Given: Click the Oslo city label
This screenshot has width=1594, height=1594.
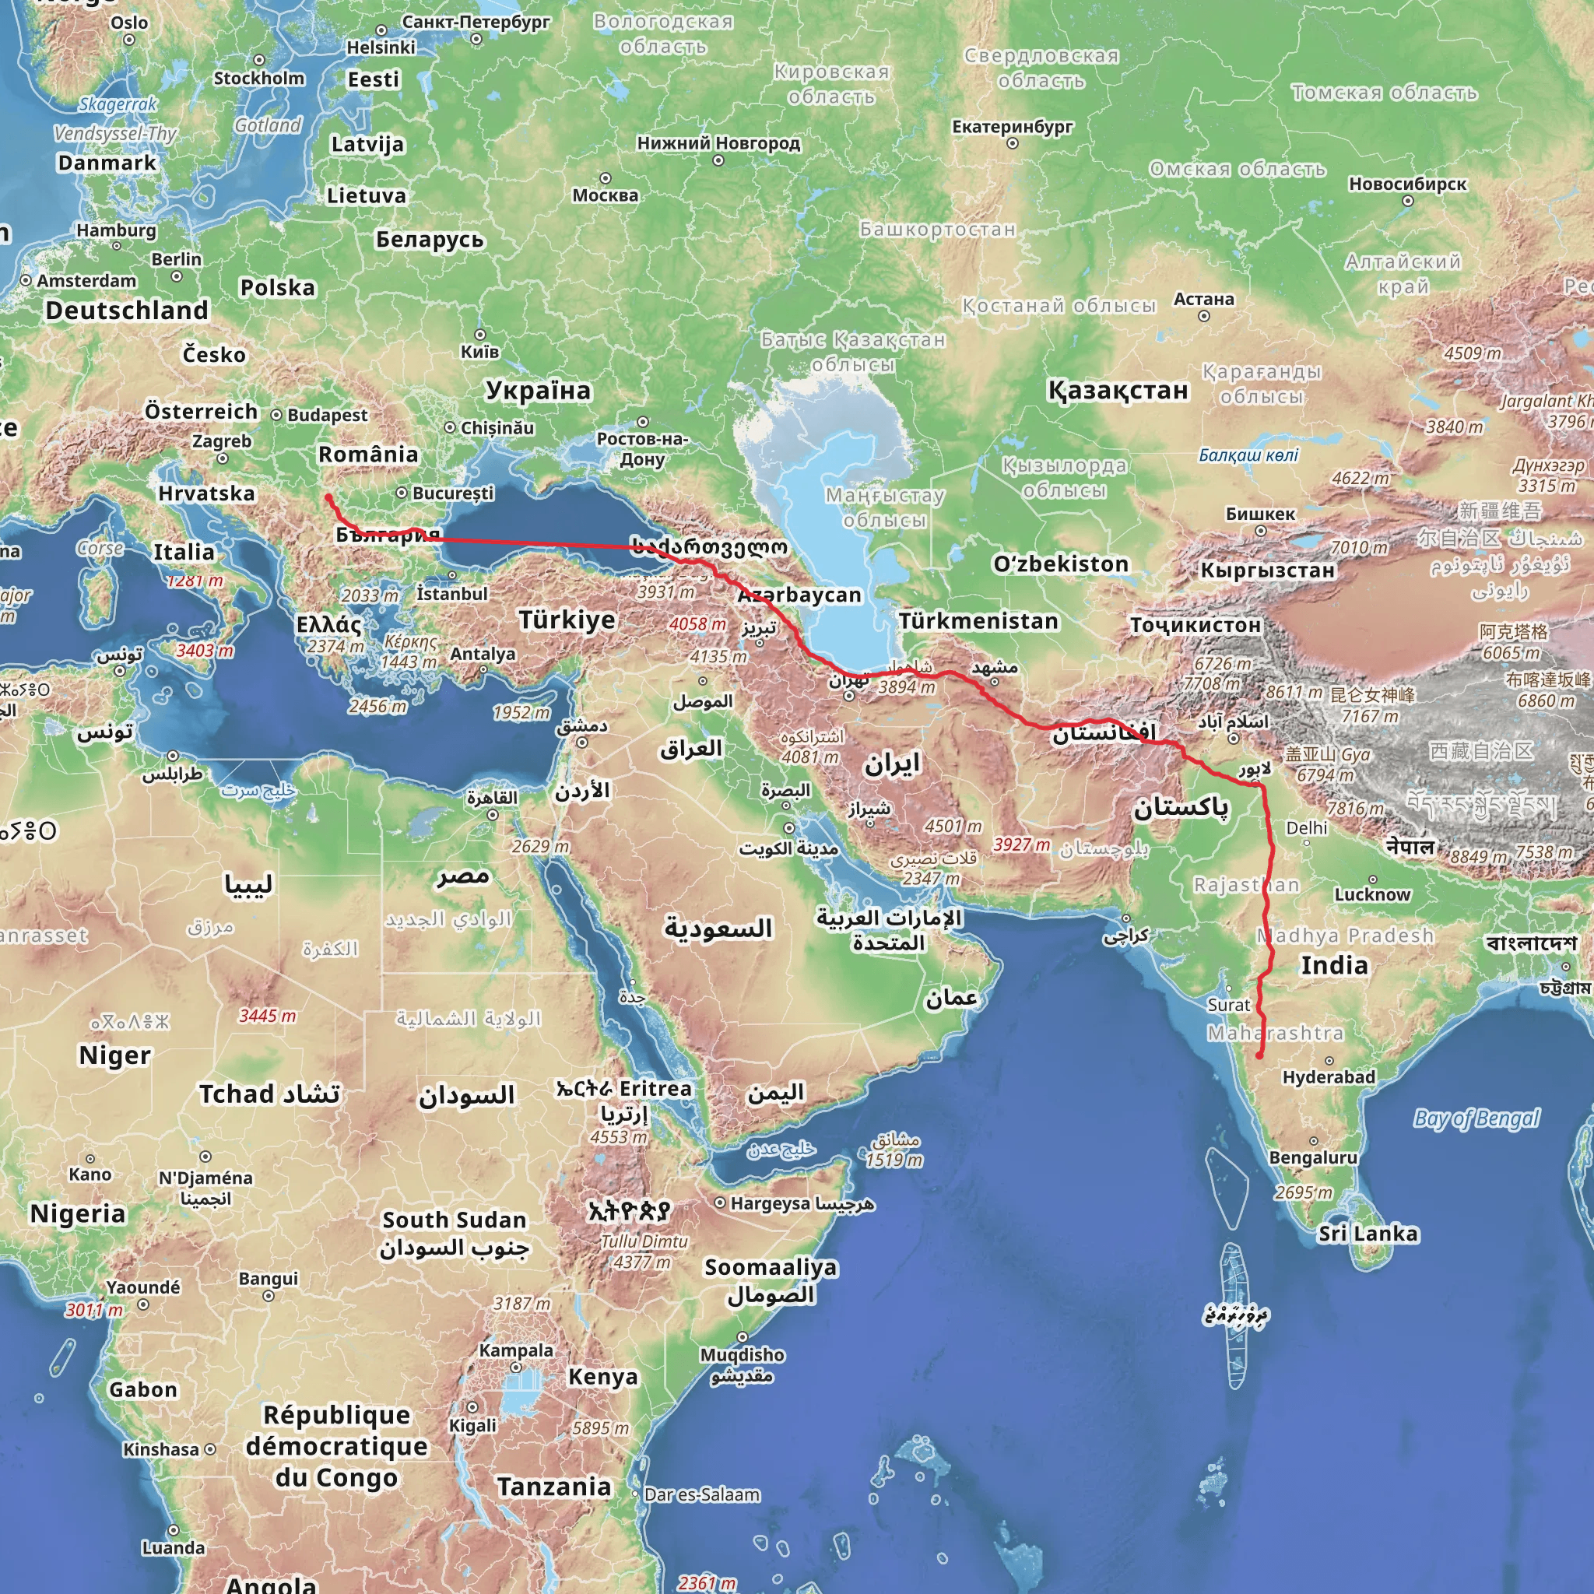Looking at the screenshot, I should coord(129,23).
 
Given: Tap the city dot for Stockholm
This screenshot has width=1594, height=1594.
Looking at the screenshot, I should coord(259,60).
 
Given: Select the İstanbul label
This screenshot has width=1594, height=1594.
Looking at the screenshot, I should coord(452,593).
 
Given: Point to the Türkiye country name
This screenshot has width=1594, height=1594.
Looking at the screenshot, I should coord(567,620).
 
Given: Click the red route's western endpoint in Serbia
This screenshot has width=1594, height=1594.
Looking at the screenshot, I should coord(328,497).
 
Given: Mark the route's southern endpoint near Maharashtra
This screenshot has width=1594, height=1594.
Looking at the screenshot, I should coord(1259,1055).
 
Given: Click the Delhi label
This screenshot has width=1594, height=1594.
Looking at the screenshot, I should coord(1307,827).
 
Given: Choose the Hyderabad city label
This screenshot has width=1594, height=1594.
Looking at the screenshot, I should coord(1329,1076).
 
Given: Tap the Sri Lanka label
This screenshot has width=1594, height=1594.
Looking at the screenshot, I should coord(1368,1234).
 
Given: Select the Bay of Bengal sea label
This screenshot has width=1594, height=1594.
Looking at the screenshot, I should coord(1476,1118).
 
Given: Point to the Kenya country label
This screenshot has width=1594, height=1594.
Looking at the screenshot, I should coord(603,1377).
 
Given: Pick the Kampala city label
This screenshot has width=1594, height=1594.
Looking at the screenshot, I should coord(517,1350).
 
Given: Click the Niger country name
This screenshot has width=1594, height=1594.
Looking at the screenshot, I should coord(114,1055).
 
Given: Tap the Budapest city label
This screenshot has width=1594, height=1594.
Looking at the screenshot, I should coord(328,415).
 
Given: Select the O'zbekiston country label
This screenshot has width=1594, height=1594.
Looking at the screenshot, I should coord(1061,564).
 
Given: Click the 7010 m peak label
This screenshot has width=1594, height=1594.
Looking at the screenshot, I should coord(1359,547).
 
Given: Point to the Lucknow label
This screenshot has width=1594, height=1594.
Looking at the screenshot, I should coord(1373,894).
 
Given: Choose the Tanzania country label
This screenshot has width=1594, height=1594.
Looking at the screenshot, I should coord(553,1487).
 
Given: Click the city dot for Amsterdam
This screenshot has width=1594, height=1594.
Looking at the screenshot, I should coord(26,281).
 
